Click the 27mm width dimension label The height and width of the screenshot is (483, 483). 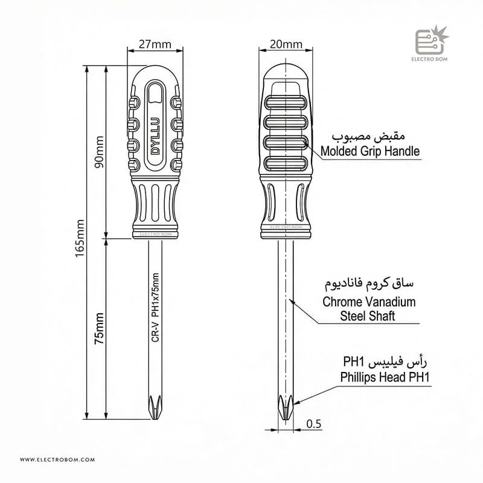(155, 44)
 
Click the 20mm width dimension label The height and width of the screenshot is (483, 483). (286, 44)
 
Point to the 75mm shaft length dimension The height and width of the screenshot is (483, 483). (99, 328)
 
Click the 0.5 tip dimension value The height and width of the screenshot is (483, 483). (313, 424)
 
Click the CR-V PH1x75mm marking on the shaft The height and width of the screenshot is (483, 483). (155, 308)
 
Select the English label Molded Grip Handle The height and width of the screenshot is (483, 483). (370, 152)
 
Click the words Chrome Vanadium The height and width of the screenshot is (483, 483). (369, 302)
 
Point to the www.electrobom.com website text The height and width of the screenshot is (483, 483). (58, 459)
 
